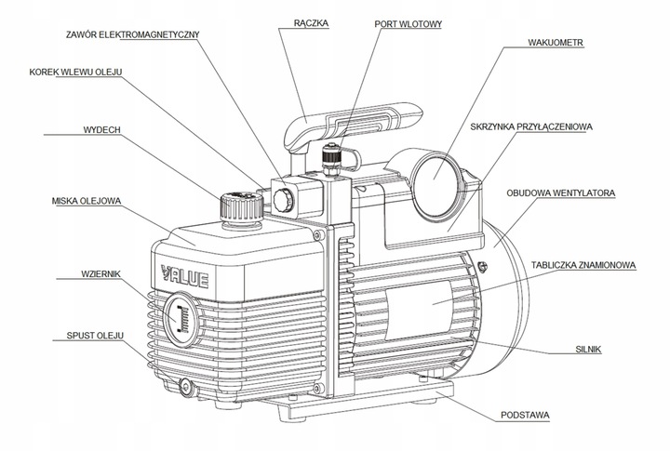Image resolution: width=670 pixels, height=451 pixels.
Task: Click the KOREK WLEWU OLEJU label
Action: coord(76,72)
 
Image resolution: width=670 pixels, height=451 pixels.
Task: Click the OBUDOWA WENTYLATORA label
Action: coord(561,194)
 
